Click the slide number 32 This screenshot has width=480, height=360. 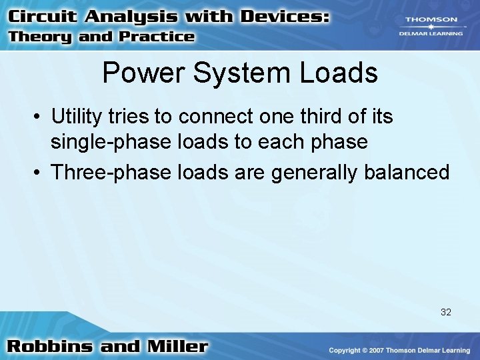click(446, 312)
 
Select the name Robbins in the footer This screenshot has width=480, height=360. click(49, 347)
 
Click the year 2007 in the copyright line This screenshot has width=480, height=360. click(373, 351)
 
